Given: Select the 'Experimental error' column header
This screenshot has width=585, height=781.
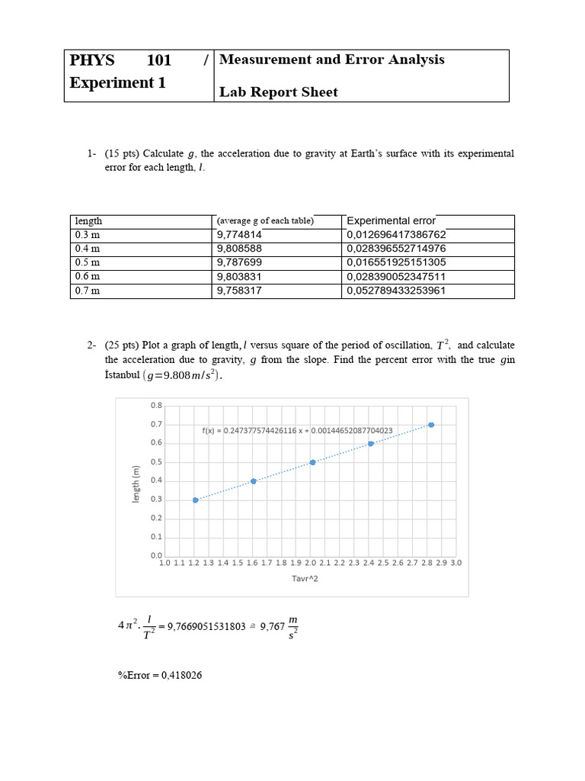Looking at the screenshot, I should (x=391, y=220).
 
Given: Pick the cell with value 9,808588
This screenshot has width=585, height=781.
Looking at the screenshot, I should (x=239, y=249).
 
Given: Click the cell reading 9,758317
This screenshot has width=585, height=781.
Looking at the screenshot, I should (x=239, y=291).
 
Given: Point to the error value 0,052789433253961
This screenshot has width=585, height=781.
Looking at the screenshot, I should (x=396, y=291).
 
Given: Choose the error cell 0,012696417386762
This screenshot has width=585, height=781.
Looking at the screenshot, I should (x=396, y=235).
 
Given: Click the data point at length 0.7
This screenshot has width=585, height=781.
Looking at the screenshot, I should (x=431, y=425).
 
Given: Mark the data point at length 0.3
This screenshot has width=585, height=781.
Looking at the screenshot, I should (x=196, y=500).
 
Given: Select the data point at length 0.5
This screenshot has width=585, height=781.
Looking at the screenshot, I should (x=313, y=462).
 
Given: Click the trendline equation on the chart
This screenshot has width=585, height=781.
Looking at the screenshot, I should (x=297, y=431).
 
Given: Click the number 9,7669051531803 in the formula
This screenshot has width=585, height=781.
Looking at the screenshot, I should (x=206, y=626).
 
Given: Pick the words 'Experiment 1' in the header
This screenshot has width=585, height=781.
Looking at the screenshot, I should (x=117, y=83).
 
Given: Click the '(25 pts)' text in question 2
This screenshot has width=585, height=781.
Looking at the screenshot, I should (x=123, y=346).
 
